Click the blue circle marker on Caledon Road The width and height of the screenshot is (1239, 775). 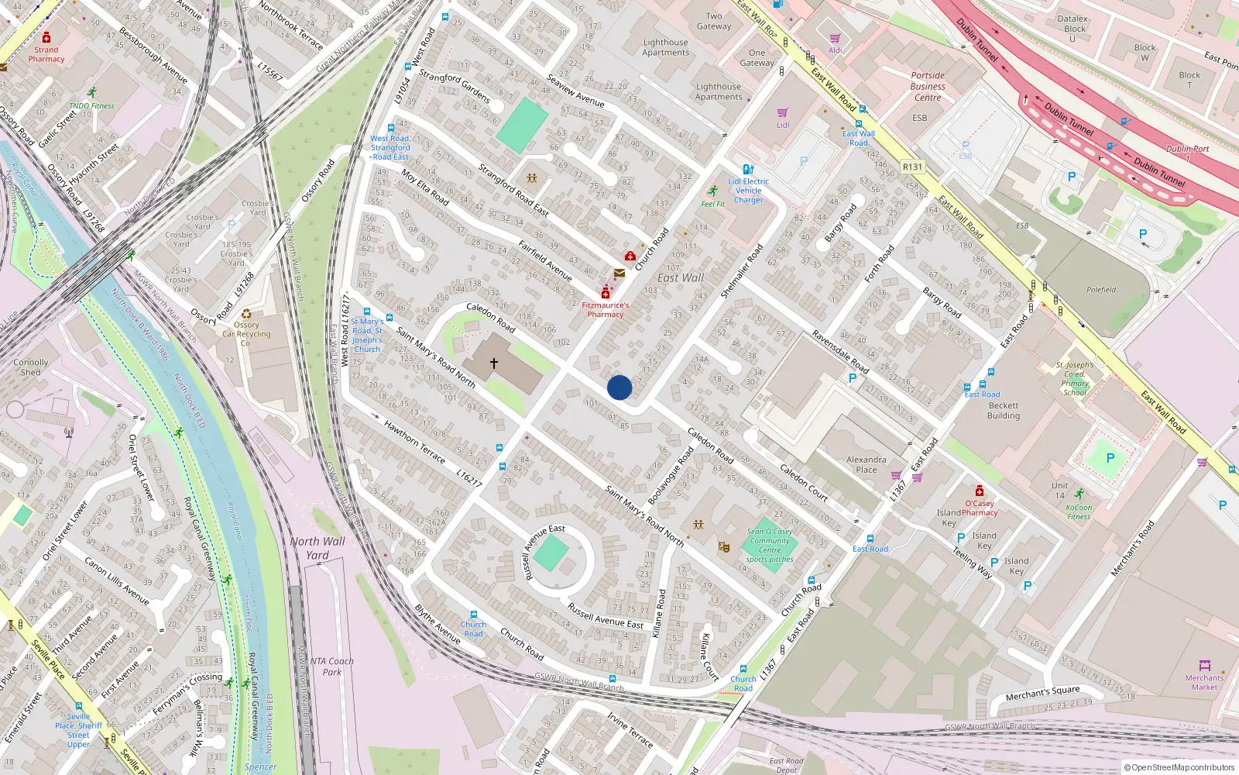[619, 387]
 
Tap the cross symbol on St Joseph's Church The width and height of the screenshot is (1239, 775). [493, 363]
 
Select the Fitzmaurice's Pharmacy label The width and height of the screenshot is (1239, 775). [606, 310]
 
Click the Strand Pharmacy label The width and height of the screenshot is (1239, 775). [46, 54]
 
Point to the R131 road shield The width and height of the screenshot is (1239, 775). [913, 167]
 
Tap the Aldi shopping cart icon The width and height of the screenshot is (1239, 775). [835, 38]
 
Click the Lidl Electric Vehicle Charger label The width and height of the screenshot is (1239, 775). [748, 191]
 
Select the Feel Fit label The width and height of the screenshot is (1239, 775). [713, 205]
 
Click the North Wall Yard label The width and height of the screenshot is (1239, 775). [317, 548]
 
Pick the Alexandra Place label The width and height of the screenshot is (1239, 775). [867, 464]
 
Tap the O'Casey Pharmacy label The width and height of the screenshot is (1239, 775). [980, 508]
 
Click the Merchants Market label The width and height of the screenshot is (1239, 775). [1204, 682]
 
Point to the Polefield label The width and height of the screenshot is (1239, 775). [1101, 290]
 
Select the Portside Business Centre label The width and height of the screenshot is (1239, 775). [928, 87]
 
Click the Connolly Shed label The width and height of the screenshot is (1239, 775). [31, 367]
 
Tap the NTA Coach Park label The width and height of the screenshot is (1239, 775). [331, 666]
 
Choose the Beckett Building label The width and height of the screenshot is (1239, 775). [1004, 411]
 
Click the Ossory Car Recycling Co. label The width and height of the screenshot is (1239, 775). [246, 334]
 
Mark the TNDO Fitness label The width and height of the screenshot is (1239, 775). [91, 106]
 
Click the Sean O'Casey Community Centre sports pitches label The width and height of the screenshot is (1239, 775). [770, 546]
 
